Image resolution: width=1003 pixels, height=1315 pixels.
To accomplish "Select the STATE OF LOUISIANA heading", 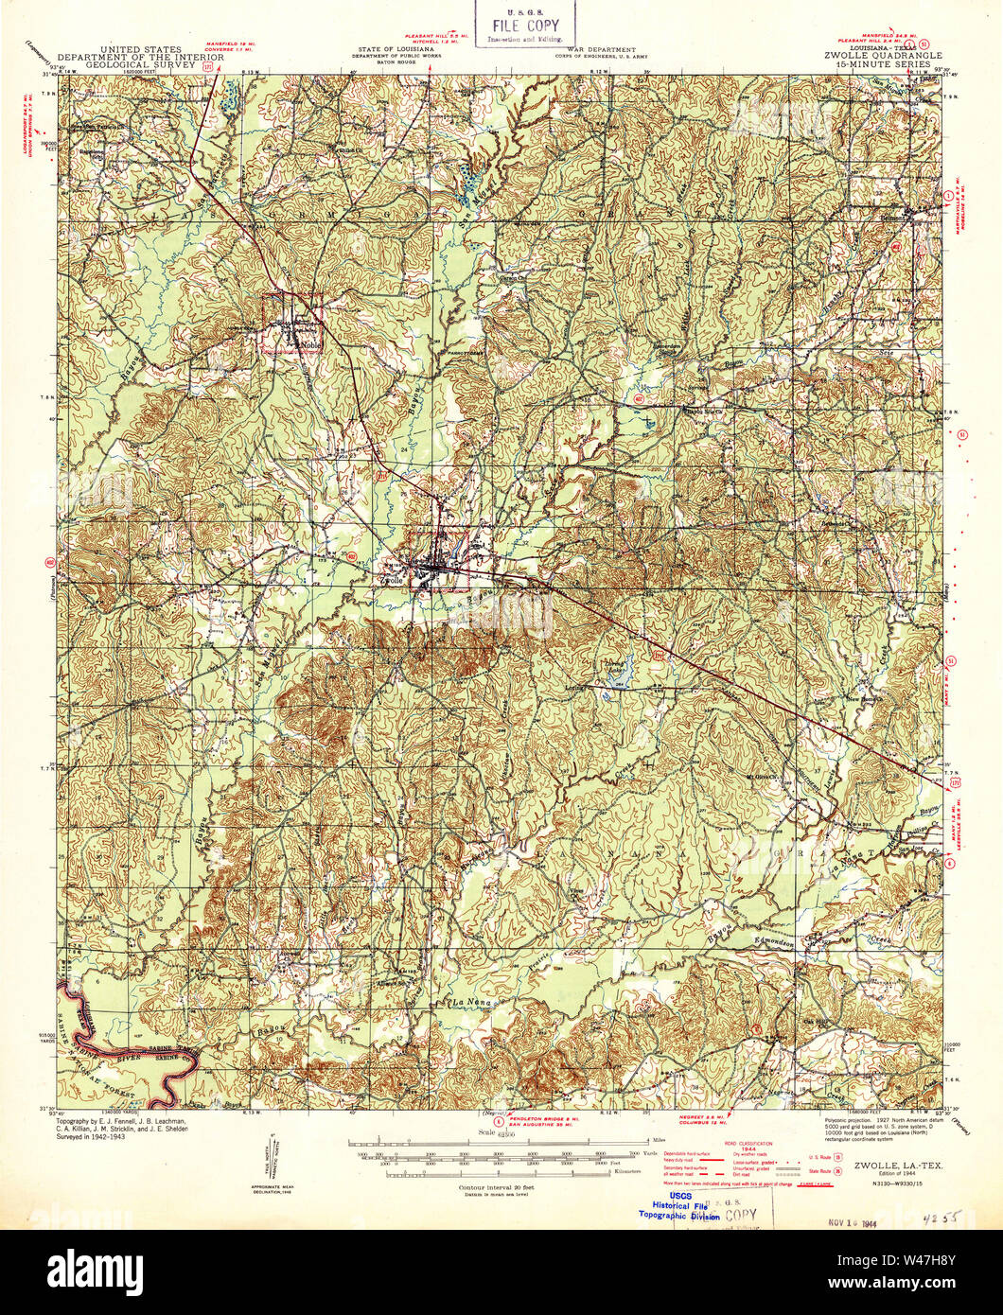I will click(x=396, y=48).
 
